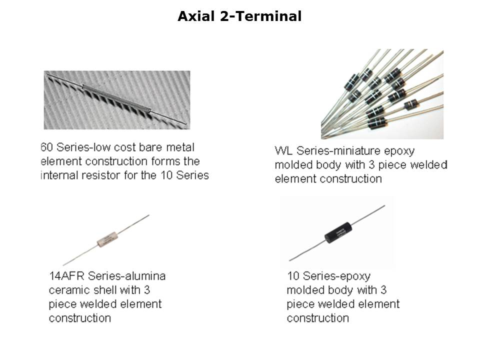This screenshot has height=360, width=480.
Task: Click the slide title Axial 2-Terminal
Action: (x=239, y=16)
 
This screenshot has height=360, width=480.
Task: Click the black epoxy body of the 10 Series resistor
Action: (x=338, y=233)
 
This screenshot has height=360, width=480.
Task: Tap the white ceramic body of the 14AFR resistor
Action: (x=107, y=239)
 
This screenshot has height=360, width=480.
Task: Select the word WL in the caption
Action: (x=284, y=150)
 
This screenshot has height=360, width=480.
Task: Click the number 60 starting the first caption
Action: (x=47, y=147)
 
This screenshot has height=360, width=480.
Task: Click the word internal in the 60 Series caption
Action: (x=58, y=175)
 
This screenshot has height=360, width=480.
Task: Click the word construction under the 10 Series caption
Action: (x=318, y=318)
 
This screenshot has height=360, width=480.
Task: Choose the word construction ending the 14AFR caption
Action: (x=80, y=318)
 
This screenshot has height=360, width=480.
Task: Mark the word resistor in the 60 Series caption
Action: (x=100, y=175)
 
